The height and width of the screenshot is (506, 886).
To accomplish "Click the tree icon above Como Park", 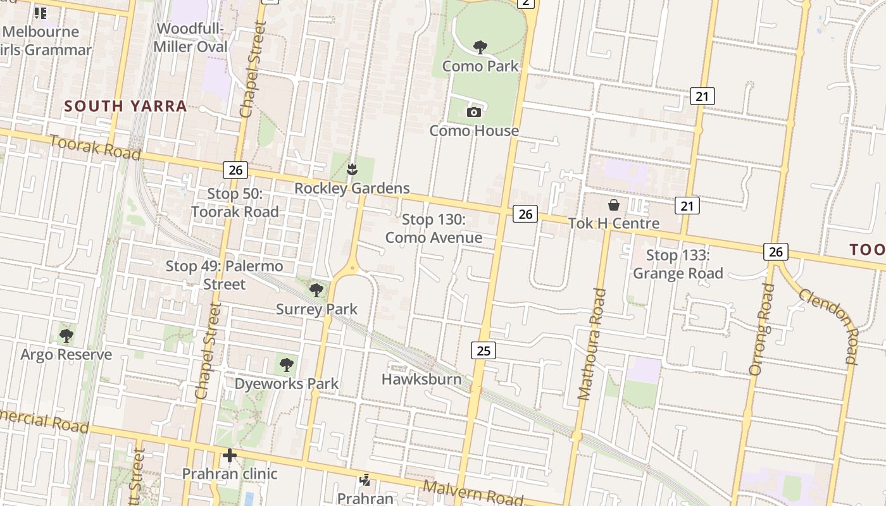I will click(480, 47).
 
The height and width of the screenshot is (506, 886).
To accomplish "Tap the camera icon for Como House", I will click(473, 112).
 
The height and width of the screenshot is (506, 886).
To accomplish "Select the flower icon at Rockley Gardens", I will click(352, 169).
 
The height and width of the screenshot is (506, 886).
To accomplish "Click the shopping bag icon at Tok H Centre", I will click(613, 205).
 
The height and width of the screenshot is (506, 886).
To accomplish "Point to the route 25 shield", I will click(483, 350).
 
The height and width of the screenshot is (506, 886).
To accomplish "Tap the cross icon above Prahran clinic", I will click(229, 455).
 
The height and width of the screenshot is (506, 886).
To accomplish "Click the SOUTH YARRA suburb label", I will click(125, 106).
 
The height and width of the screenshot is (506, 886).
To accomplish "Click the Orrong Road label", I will click(761, 329).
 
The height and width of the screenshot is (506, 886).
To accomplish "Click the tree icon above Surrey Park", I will click(316, 290).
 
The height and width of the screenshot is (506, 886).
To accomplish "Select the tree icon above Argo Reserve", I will click(66, 335).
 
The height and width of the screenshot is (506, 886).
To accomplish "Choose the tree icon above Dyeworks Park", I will click(287, 365).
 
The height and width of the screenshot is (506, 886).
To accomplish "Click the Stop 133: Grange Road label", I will click(678, 264).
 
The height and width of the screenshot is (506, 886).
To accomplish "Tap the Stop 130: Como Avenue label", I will click(434, 228).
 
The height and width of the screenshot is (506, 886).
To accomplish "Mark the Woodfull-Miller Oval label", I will click(190, 38).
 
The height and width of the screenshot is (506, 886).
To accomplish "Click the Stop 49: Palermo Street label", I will click(224, 275).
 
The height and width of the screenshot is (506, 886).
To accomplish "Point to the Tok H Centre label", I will click(613, 223).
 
